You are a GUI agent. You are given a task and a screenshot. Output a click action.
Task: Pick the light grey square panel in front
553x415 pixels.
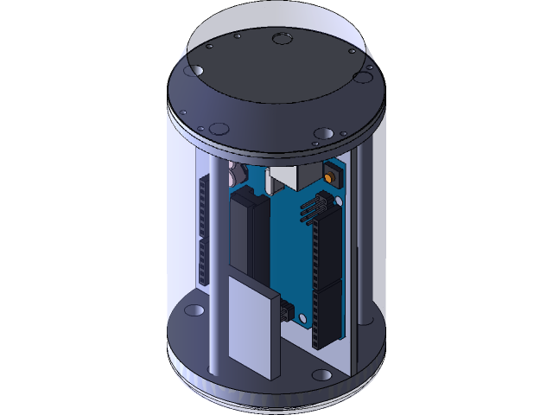click(254, 324)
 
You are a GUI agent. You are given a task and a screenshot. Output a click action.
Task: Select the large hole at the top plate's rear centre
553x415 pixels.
click(281, 38)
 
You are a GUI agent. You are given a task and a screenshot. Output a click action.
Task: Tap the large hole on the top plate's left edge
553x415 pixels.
click(195, 69)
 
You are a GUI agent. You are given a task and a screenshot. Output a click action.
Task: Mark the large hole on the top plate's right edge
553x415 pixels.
click(362, 78)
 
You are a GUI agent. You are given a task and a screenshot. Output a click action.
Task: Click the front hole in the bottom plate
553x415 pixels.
click(321, 375)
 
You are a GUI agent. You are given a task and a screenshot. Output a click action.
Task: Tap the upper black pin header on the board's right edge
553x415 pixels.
click(327, 246)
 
